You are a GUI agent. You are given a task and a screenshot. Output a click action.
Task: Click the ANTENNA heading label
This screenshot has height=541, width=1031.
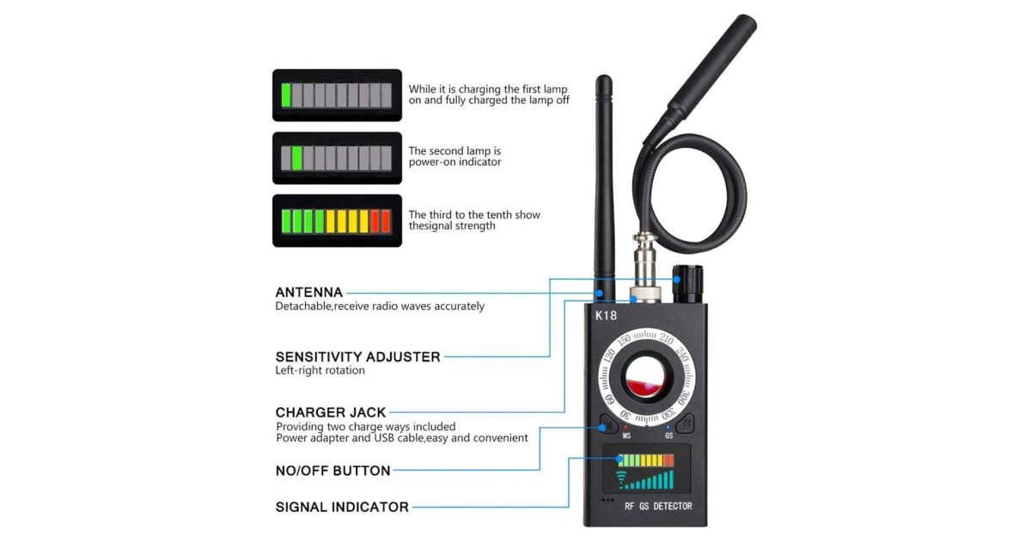pos(308,293)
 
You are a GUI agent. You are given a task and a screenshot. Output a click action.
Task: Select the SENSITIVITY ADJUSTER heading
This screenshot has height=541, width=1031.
pos(357,357)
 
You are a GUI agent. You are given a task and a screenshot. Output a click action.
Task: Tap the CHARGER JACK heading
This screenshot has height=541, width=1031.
pos(331,412)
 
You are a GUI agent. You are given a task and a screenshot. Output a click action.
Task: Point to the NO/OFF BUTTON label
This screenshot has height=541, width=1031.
pos(332,471)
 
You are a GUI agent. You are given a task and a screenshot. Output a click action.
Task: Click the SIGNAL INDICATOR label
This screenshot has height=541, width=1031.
pos(342,507)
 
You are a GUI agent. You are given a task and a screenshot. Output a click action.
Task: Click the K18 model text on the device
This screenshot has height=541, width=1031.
pos(606,316)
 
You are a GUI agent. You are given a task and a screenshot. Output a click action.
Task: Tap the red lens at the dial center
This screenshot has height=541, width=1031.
pos(646,378)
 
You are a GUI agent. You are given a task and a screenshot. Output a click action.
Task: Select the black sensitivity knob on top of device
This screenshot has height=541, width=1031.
pos(688,284)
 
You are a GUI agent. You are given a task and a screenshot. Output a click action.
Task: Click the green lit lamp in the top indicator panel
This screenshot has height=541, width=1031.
pos(286,95)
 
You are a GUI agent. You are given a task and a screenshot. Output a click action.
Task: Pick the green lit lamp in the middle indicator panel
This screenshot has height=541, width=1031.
pos(297,158)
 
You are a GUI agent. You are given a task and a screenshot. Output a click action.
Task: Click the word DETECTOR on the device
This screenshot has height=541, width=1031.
pos(673,507)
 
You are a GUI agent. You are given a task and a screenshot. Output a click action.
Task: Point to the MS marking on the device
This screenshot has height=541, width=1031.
pos(626,435)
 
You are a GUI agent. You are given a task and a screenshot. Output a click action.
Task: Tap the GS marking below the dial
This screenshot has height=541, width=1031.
pos(668,435)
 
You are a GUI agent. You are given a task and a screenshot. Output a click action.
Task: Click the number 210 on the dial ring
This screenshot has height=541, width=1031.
pos(666,338)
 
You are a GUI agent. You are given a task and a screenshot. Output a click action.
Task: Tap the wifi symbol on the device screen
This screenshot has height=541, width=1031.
pos(621,480)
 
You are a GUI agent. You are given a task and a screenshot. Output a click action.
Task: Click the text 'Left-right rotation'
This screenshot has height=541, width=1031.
pos(320,371)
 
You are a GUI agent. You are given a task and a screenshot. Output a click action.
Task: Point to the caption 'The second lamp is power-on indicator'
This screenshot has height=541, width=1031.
pos(454,156)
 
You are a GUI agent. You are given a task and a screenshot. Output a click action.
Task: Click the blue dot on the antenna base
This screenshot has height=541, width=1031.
pos(599,293)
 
